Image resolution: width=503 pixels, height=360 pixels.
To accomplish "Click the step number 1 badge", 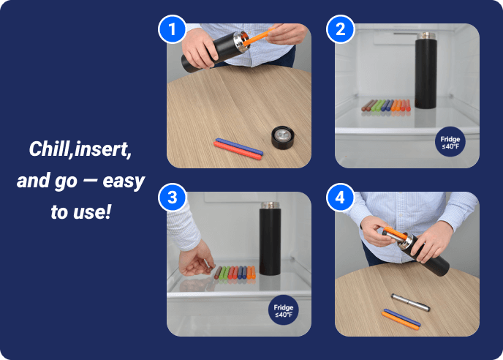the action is click(x=173, y=29).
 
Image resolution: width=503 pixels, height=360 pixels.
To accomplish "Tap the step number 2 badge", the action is click(x=341, y=29).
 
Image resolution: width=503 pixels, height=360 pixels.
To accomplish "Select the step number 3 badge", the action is click(x=173, y=197).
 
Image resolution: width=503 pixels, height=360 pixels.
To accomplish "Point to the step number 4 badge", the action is click(x=341, y=197).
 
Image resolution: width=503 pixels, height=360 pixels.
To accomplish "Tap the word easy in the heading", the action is click(x=124, y=181).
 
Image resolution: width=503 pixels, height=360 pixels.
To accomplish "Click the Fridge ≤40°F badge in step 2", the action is click(x=450, y=142).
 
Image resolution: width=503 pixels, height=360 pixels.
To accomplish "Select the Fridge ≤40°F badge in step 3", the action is click(x=283, y=310).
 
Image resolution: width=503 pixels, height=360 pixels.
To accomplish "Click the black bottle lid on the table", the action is click(x=282, y=138).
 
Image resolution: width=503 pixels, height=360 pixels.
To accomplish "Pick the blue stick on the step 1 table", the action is click(x=239, y=146).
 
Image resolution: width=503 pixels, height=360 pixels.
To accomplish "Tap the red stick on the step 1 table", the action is click(x=238, y=151).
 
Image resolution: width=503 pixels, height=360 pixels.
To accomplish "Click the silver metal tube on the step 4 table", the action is click(x=410, y=302).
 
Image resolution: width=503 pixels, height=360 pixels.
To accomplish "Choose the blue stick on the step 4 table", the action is click(x=402, y=318).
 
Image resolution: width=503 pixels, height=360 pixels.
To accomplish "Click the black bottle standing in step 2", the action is click(x=426, y=70).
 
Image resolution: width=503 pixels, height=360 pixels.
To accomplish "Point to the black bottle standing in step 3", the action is click(x=270, y=239).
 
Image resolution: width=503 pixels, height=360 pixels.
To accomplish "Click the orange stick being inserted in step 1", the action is click(x=259, y=37).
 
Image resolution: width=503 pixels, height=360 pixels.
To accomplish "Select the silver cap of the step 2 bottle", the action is click(x=426, y=35).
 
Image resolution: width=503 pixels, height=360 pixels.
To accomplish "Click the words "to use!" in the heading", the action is click(x=80, y=212).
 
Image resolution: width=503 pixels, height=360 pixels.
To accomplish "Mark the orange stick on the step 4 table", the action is click(x=401, y=320).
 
